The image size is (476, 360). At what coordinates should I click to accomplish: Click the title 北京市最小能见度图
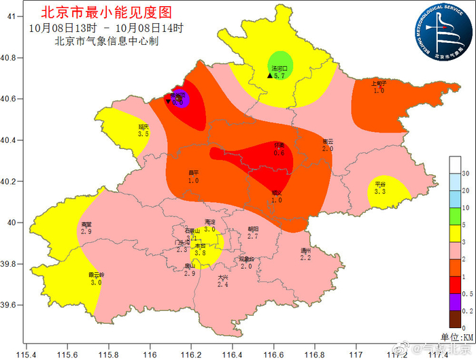(106, 12)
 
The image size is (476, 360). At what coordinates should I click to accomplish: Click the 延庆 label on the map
(143, 127)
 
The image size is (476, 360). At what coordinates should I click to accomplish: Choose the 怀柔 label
(279, 146)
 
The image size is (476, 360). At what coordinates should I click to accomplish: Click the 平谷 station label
(380, 184)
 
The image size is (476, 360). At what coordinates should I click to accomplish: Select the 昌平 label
(193, 174)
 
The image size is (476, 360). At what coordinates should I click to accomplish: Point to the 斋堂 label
(86, 225)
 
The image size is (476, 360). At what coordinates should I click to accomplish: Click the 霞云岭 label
(95, 275)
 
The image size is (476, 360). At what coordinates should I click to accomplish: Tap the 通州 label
(306, 250)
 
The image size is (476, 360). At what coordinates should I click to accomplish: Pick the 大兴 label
(223, 277)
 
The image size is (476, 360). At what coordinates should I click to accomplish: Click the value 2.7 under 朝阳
(253, 236)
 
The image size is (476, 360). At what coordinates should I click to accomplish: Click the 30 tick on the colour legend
(466, 175)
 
